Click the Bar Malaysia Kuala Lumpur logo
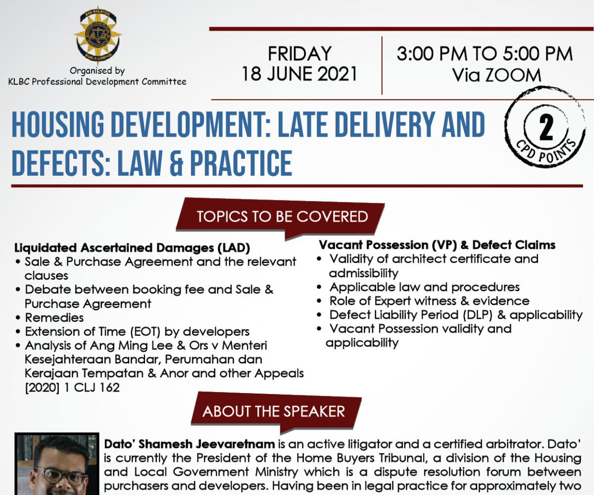[98, 35]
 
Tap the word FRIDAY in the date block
[299, 53]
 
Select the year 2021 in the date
[337, 74]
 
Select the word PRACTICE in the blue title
[241, 163]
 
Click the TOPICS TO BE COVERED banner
[280, 217]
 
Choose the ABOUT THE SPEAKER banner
[276, 412]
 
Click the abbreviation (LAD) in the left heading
[234, 248]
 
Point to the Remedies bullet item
[54, 317]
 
